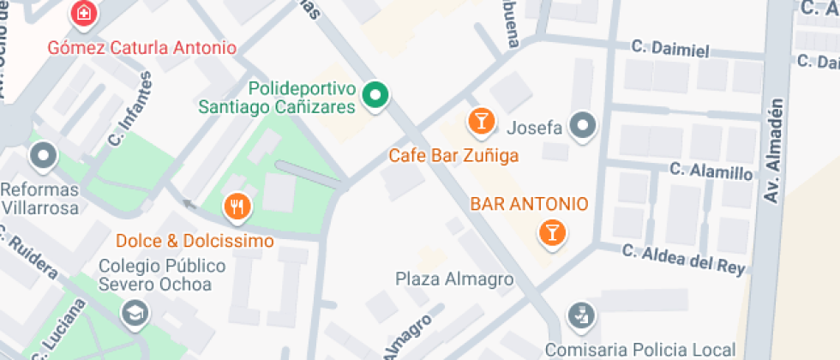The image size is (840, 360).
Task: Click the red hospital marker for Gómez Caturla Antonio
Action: coord(84,14)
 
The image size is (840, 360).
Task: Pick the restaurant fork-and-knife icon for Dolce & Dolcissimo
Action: coord(237,207)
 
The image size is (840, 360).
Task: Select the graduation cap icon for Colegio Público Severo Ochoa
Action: coord(135,315)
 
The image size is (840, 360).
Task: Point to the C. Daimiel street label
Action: coord(670,50)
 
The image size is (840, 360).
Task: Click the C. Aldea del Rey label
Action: coord(683,261)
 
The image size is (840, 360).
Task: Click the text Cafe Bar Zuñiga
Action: coord(453,156)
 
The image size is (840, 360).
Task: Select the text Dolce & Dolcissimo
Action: coord(195,240)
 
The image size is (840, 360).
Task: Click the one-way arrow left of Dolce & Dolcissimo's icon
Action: coord(188,205)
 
